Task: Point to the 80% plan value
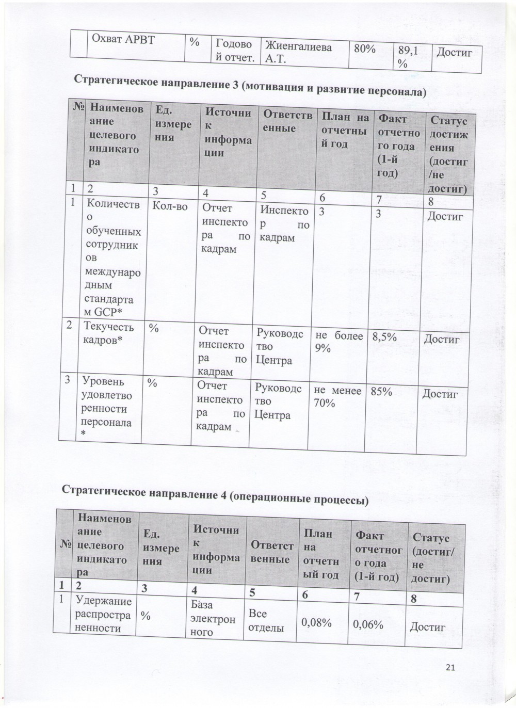point(363,48)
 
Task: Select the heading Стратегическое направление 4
point(215,493)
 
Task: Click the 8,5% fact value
point(384,337)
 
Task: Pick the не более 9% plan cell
point(338,342)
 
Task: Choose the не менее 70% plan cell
point(337,397)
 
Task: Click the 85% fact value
point(381,392)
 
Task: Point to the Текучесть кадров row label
point(108,333)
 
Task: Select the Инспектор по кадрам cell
point(284,224)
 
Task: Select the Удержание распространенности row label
point(103,614)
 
